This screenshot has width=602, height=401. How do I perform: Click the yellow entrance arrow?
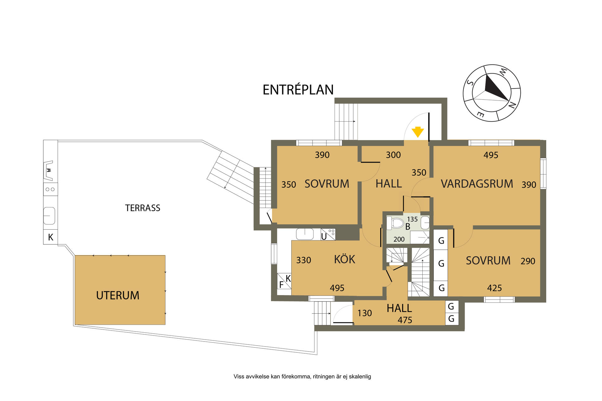click(418, 132)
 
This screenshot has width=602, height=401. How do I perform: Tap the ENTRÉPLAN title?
click(298, 90)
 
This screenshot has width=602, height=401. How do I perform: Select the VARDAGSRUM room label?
click(477, 184)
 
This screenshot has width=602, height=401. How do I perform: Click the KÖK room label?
click(344, 259)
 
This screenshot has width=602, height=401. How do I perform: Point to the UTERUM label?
click(118, 295)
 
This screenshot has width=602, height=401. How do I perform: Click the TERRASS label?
click(143, 208)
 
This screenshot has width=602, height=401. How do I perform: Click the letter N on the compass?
click(511, 105)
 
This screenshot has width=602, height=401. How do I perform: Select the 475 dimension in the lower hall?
click(405, 320)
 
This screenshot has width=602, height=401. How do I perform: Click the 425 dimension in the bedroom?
click(494, 288)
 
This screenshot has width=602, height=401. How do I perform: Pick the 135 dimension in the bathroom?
click(412, 219)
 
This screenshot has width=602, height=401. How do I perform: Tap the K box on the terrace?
click(50, 237)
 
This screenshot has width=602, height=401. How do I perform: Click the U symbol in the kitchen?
click(324, 237)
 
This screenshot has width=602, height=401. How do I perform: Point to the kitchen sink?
click(305, 234)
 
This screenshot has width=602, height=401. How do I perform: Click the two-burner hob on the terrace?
click(50, 189)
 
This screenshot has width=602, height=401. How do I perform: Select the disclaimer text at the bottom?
click(302, 377)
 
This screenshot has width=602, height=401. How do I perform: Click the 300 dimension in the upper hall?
click(393, 155)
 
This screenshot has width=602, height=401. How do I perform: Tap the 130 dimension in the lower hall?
click(365, 313)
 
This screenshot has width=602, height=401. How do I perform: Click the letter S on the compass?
click(470, 83)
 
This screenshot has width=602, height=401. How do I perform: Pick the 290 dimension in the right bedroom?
click(528, 261)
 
